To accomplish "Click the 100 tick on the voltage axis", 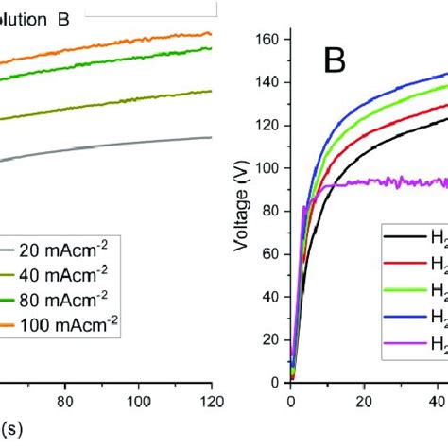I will (x=272, y=168).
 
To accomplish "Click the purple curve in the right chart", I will (x=378, y=181).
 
